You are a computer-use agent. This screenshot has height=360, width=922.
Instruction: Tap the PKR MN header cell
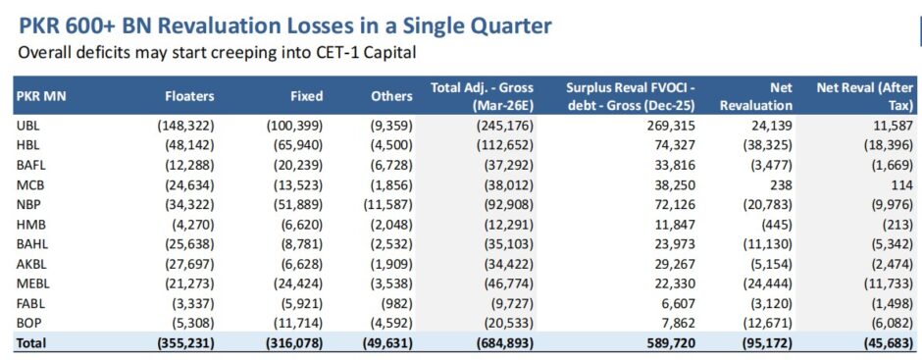(41, 96)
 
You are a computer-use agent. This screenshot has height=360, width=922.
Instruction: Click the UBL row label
(27, 126)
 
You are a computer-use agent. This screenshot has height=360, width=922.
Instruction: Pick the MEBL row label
(31, 283)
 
